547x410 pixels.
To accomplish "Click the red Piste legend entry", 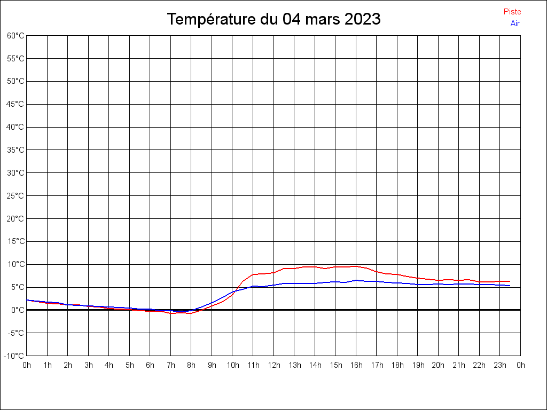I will point(512,12).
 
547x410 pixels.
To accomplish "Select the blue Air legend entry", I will point(515,23).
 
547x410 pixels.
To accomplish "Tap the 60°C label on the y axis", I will point(15,36).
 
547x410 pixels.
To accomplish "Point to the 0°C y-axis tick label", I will point(18,310).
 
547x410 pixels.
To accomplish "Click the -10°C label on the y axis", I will point(14,356).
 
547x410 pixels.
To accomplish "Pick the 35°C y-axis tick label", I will point(15,150).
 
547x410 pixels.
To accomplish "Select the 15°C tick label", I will point(15,241).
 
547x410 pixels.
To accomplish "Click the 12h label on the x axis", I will point(273,365).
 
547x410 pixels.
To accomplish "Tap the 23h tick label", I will point(500,365).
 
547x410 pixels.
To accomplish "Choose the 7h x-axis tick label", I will point(171,365).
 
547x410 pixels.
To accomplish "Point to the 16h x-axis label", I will point(356,365).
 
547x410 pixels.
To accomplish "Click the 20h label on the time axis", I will point(438,365).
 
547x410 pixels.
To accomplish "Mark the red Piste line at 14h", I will point(315,266).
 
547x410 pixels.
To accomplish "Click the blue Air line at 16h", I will point(356,280).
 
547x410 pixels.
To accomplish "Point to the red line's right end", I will point(510,281).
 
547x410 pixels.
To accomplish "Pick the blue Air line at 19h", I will point(418,285).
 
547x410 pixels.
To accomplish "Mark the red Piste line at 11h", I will point(253,274).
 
